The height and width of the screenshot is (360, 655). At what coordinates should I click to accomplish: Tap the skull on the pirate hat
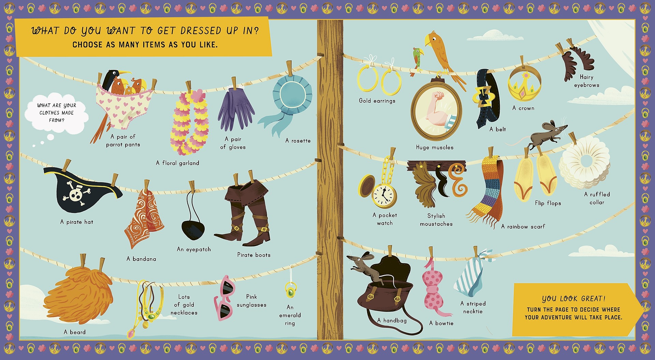pos(75,193)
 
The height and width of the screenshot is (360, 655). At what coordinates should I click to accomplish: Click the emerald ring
pos(291,291)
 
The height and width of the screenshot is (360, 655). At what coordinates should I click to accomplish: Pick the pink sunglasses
pos(223,299)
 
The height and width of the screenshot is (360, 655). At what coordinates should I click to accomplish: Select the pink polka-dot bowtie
pos(433,287)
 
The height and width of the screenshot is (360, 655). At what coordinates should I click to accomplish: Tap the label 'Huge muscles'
pos(435,147)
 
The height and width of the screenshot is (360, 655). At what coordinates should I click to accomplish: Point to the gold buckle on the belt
pos(482,96)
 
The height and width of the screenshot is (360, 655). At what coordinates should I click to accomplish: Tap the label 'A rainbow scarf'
pos(523,227)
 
